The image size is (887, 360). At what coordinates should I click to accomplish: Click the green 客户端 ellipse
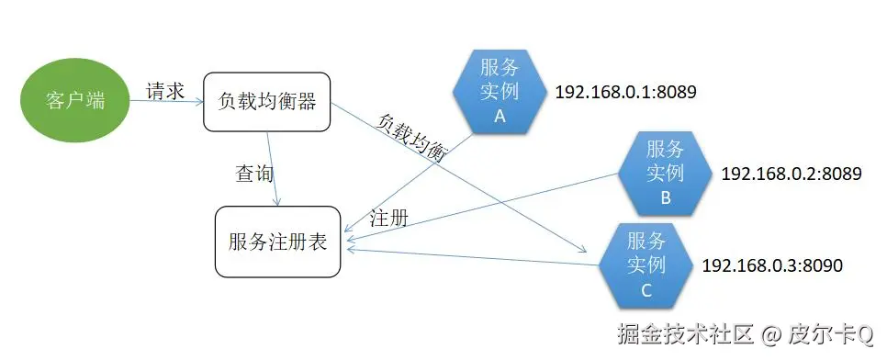click(75, 100)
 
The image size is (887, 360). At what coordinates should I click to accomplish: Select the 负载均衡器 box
click(267, 102)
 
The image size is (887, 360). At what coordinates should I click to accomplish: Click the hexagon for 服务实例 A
click(500, 92)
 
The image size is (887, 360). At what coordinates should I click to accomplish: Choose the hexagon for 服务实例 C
click(646, 265)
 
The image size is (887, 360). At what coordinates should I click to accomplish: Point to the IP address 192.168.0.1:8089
click(625, 93)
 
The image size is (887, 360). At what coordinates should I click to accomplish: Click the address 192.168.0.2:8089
click(792, 174)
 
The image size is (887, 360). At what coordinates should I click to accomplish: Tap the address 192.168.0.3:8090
click(771, 265)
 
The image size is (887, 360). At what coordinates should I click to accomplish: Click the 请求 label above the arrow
click(165, 91)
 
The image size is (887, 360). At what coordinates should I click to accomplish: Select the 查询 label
click(255, 173)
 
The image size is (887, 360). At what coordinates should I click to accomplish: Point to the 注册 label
click(388, 219)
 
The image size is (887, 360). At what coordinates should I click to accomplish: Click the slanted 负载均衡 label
click(412, 138)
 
